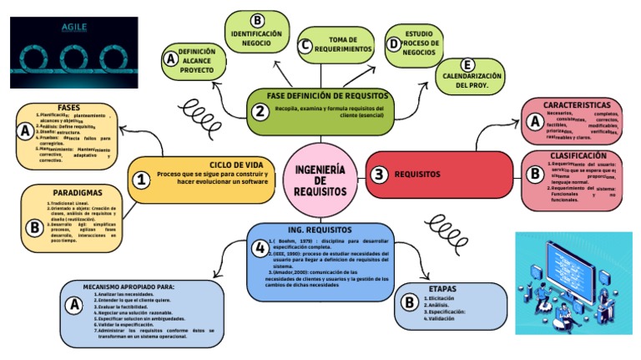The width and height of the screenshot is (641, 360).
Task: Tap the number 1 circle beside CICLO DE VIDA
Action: pos(143,179)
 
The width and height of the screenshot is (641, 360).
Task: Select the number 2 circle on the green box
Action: pos(260,111)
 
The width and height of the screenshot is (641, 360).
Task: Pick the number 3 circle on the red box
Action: pos(380,175)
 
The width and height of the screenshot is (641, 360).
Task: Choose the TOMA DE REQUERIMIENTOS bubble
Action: pos(345,44)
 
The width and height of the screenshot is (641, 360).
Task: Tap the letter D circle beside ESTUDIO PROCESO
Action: pos(393,45)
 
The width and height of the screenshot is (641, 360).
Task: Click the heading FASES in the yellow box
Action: pos(69,108)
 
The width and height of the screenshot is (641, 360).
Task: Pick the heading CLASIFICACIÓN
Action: pos(578,155)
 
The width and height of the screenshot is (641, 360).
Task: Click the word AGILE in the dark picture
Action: pos(74,27)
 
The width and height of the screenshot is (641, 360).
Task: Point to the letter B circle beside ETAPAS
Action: pos(409,302)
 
